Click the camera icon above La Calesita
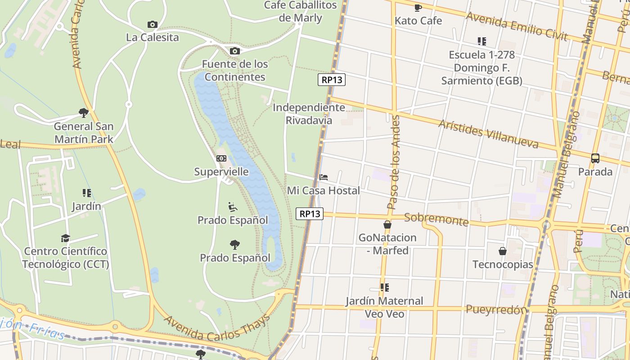tap(153, 25)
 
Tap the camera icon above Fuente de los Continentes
tap(234, 51)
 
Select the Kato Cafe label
tap(418, 21)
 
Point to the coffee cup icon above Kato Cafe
tap(418, 8)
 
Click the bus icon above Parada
tap(595, 158)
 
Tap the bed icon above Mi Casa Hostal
tap(323, 177)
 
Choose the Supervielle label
tap(221, 171)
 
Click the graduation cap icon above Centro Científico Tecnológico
tap(66, 238)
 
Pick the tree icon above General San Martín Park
tap(83, 112)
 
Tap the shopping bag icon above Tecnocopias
tap(503, 251)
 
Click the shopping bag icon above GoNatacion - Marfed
tap(387, 225)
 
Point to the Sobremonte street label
tap(436, 219)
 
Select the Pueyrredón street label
tap(496, 310)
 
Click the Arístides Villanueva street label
tap(488, 134)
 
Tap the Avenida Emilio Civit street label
tap(517, 26)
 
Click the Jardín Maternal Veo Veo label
tap(384, 307)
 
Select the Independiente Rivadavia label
tap(309, 114)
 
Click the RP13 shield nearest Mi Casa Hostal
tap(310, 214)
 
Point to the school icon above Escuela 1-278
tap(482, 41)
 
